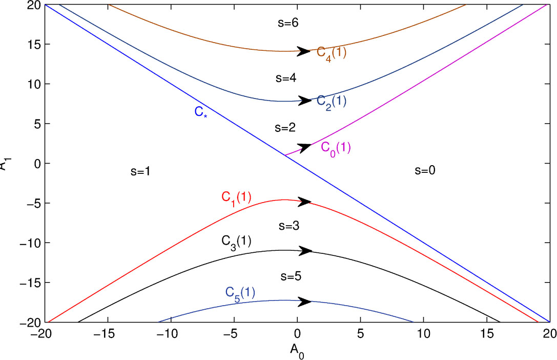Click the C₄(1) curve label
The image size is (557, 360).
tap(332, 53)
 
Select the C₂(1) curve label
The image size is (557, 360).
tap(332, 102)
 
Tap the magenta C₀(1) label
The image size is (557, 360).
tap(336, 148)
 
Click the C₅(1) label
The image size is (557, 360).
tap(240, 293)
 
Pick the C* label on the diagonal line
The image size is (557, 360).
tap(201, 112)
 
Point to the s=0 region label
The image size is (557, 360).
tap(424, 171)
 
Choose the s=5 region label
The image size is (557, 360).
tap(291, 276)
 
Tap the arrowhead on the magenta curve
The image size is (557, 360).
tap(304, 147)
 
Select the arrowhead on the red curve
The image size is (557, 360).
tap(305, 202)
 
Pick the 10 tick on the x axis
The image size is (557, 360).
tap(423, 334)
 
